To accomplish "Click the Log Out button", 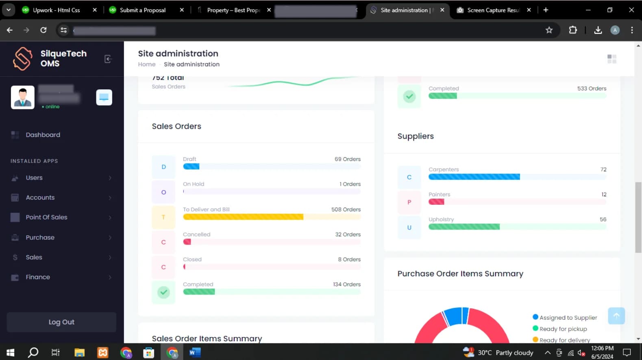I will (x=61, y=322).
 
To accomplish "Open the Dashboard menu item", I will (x=43, y=135).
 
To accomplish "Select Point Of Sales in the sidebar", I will (x=46, y=217).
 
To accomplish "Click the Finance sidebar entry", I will (x=38, y=277).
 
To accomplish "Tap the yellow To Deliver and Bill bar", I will (x=243, y=217).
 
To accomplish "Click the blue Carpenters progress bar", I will (x=474, y=177).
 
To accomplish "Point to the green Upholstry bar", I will (x=464, y=227).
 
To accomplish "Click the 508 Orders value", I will (x=346, y=210).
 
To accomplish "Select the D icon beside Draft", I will (x=163, y=167).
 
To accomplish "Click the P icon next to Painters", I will (x=409, y=202).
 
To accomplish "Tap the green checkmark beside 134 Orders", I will (x=163, y=292).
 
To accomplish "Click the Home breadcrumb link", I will (x=146, y=64).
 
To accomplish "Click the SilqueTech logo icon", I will (x=22, y=59).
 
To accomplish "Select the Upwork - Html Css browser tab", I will (x=56, y=10).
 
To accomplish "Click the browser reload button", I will (x=44, y=30).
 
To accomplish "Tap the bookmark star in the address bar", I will (x=549, y=30).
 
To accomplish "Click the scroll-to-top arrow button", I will (x=616, y=316).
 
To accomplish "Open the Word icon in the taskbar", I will (x=195, y=352).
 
